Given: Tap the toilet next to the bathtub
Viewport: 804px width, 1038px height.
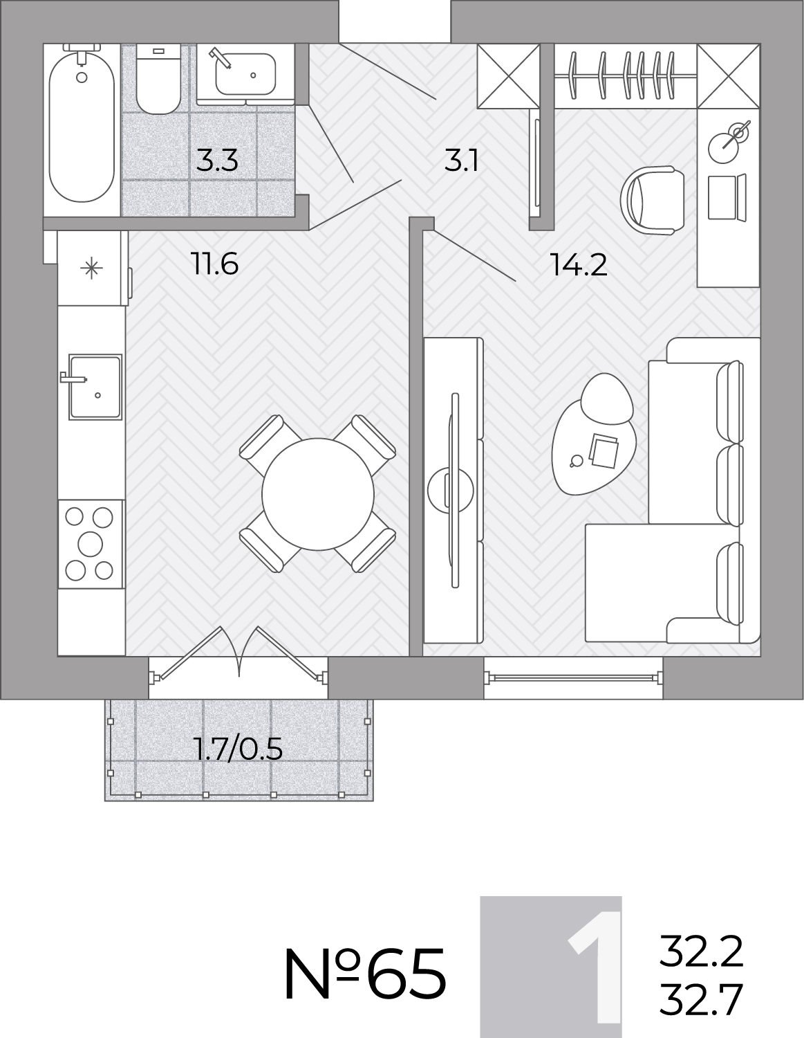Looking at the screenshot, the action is coord(159,79).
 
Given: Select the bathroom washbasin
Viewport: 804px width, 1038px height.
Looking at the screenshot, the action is coord(245,73).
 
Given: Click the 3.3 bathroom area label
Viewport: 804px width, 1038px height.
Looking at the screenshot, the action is coord(217,161).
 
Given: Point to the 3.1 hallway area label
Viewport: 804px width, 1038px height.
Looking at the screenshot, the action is coord(461,161).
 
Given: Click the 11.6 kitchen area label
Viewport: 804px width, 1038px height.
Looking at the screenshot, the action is coord(214,264).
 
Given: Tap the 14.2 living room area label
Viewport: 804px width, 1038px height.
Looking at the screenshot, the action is coord(579,265).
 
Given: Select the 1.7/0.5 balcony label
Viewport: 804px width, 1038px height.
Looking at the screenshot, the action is coord(239,749).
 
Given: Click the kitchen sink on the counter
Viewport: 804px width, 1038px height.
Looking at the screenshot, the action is coord(95,387).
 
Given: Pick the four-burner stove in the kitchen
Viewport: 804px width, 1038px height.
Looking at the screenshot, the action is coord(91,544).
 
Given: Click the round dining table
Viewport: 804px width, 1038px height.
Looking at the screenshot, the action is coord(318,494).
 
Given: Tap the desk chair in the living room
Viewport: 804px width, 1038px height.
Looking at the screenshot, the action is coord(653,200).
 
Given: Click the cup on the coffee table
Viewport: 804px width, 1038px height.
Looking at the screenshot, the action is coord(577,460).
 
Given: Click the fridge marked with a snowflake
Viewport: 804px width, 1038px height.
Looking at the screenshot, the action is coord(92,268).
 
